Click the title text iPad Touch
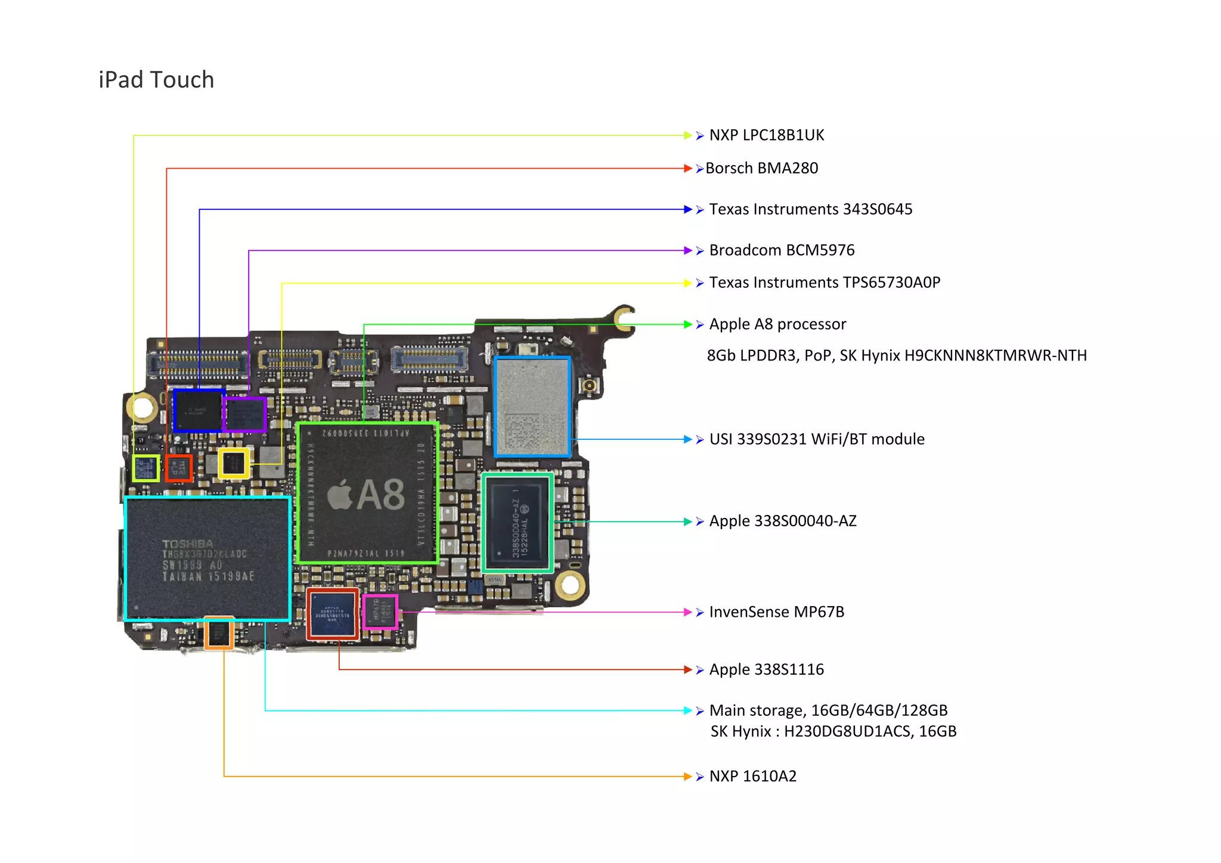[x=156, y=80]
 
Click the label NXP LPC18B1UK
[x=766, y=135]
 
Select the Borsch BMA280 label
[x=761, y=169]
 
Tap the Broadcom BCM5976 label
[x=782, y=250]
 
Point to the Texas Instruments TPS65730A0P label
[x=825, y=283]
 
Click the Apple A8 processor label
[x=777, y=324]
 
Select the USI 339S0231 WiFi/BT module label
[x=817, y=439]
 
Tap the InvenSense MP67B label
[x=776, y=612]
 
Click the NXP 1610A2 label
[x=752, y=777]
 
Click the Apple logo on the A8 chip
[x=340, y=495]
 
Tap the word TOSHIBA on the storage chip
[x=187, y=544]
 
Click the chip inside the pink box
[x=380, y=611]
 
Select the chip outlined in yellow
[x=234, y=463]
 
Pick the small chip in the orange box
[x=219, y=633]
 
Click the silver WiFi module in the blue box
[x=532, y=407]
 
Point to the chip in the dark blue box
[x=199, y=411]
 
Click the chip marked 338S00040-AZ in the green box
[x=517, y=523]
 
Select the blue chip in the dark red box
[x=333, y=614]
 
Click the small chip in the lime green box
[x=146, y=468]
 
